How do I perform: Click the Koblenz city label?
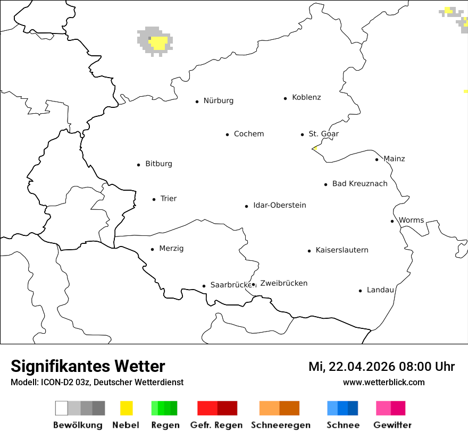click(306, 97)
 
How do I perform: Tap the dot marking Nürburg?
click(197, 101)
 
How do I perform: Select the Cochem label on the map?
click(248, 134)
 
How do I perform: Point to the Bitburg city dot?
click(138, 165)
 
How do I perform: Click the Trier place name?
click(168, 199)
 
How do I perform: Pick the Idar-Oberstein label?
click(279, 205)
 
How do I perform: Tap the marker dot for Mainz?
click(377, 159)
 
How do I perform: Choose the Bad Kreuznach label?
click(360, 184)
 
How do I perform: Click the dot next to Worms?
click(392, 221)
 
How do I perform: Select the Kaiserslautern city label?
click(341, 250)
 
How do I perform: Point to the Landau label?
click(380, 290)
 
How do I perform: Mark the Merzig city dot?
click(152, 249)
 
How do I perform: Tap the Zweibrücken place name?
click(283, 283)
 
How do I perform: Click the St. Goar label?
click(323, 134)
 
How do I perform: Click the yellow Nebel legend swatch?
click(126, 408)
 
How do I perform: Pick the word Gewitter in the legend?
click(392, 425)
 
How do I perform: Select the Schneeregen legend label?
click(280, 425)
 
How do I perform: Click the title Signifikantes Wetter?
click(88, 367)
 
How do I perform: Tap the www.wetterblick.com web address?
click(383, 382)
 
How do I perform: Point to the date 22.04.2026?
click(360, 367)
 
